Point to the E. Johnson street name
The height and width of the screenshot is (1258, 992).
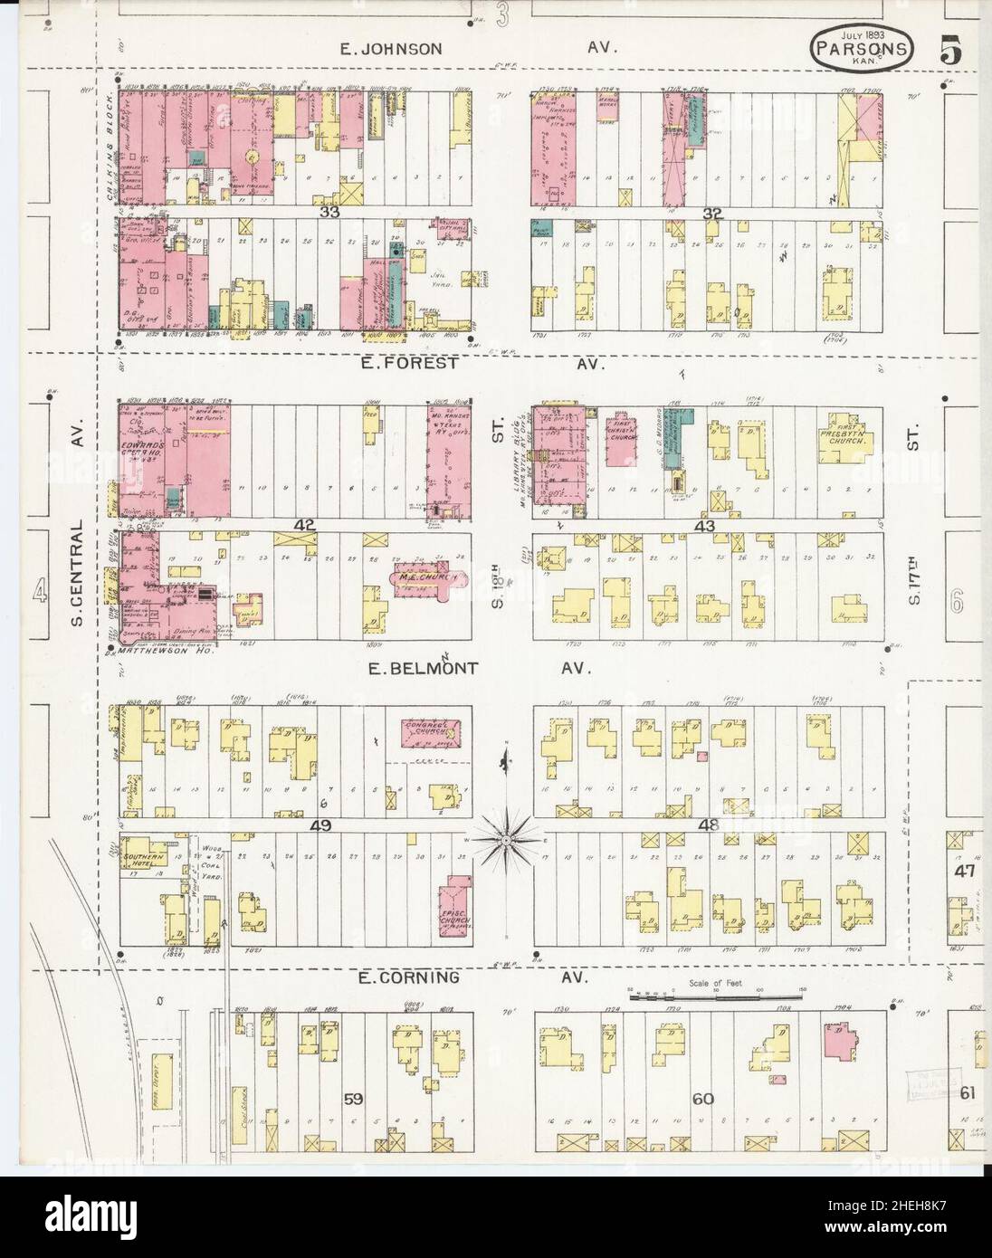[x=391, y=49]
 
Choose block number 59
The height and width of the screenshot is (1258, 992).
[x=353, y=1099]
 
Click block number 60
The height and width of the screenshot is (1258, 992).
[x=703, y=1099]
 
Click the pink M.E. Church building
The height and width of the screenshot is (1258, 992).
[x=425, y=580]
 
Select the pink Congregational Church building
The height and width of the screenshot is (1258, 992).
[x=429, y=733]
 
